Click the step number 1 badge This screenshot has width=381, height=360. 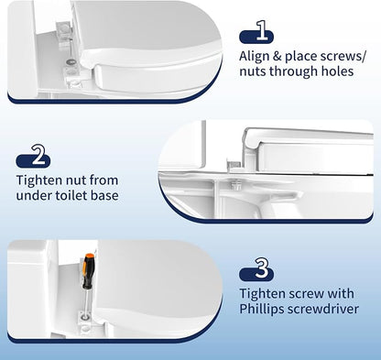256,31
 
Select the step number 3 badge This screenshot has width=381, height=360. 256,269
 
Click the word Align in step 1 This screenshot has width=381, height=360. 253,57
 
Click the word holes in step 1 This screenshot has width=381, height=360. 338,71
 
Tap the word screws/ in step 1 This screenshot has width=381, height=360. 340,57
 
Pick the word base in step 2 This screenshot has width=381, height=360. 106,195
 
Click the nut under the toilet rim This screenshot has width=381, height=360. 235,184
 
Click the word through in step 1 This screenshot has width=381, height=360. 292,71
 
